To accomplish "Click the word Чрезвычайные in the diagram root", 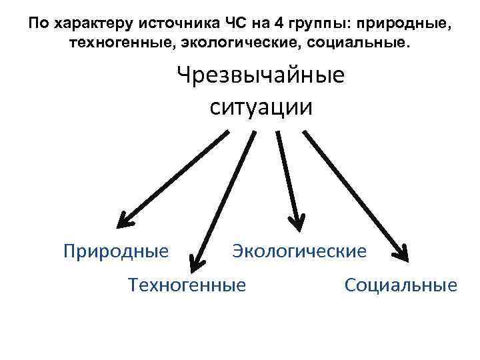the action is point(261,75).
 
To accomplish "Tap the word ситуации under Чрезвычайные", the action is point(261,107).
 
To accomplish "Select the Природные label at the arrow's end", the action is point(116,251).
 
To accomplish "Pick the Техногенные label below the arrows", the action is point(187,285).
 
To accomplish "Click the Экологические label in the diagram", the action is point(299,251).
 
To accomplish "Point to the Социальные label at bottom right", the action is point(401,285).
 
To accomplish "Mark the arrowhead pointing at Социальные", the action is point(401,251).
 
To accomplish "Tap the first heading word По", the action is point(39,25).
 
